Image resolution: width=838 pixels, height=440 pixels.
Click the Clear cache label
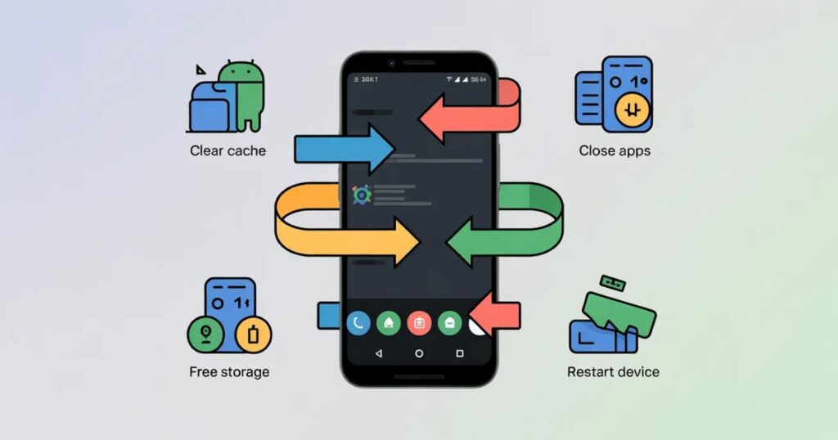(x=228, y=150)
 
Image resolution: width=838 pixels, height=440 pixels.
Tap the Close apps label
(x=615, y=150)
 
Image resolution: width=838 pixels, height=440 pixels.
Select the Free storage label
(x=229, y=372)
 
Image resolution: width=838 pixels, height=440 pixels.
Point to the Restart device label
(x=613, y=372)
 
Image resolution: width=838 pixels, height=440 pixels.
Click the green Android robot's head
(x=240, y=75)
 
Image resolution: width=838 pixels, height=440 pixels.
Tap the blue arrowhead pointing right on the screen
(x=378, y=149)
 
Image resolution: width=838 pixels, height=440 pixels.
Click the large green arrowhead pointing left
(x=464, y=242)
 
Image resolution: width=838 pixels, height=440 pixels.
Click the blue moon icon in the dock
(x=359, y=323)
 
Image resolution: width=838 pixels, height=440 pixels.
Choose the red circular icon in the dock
(x=419, y=323)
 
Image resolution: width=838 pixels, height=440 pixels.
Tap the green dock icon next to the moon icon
(x=389, y=323)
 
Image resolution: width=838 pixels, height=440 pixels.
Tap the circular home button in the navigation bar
(x=419, y=353)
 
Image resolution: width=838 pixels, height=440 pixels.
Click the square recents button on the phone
(x=459, y=353)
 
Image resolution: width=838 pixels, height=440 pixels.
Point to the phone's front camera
(x=391, y=62)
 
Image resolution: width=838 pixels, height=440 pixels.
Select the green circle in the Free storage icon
(x=205, y=334)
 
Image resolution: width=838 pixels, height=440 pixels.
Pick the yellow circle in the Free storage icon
(x=253, y=334)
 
